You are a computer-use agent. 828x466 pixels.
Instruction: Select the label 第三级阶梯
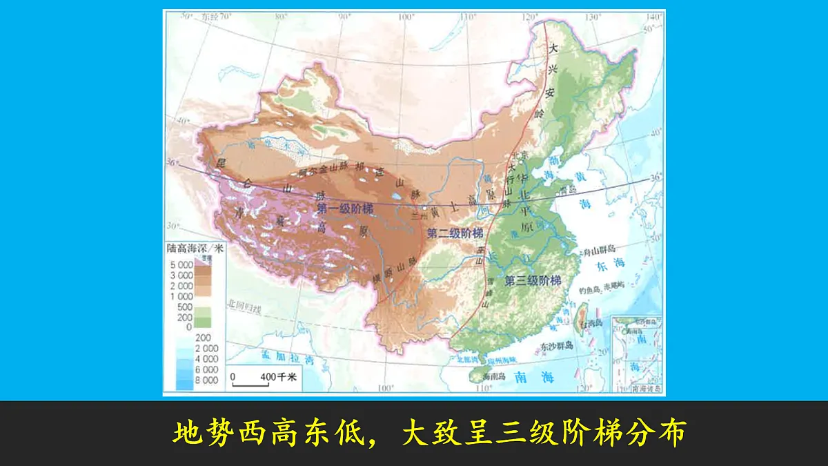coord(533,281)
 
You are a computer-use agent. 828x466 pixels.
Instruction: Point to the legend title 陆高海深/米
coord(195,248)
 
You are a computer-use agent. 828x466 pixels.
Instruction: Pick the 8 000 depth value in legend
coord(205,380)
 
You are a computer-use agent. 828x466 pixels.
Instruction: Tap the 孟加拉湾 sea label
coord(290,358)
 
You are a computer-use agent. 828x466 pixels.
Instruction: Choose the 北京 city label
coord(518,155)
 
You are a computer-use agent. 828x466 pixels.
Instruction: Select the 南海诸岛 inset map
coord(638,355)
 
